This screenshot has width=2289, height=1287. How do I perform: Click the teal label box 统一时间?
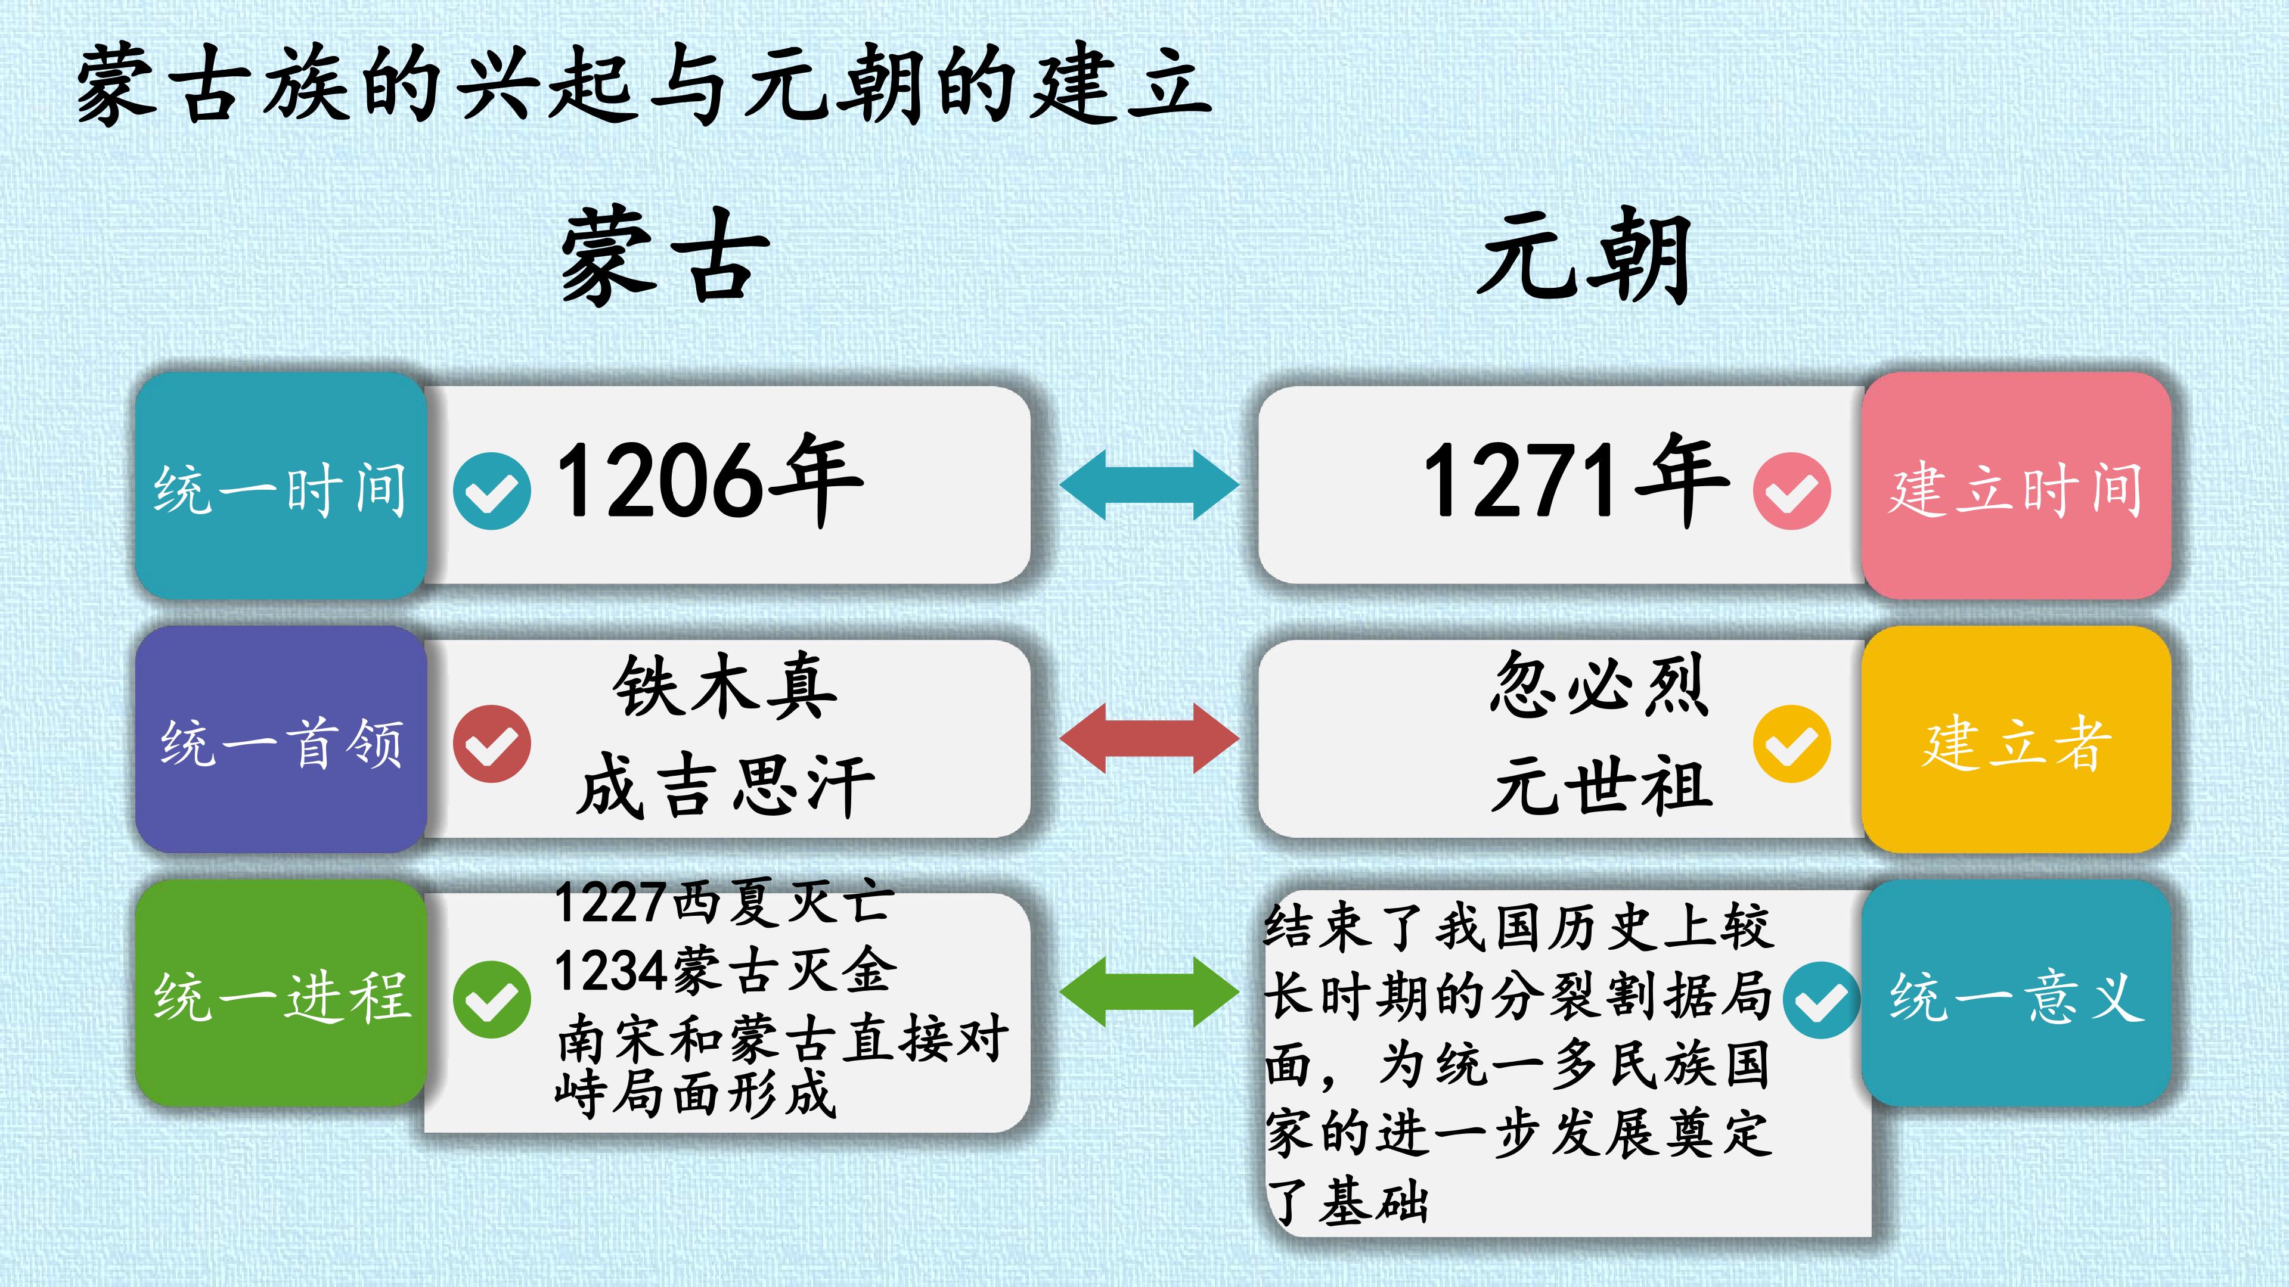click(281, 485)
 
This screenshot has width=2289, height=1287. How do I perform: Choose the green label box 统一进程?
click(281, 993)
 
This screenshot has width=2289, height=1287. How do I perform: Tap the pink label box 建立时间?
click(2016, 485)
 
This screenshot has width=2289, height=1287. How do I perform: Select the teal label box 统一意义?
click(2016, 993)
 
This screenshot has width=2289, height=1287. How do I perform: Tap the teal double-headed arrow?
click(1149, 485)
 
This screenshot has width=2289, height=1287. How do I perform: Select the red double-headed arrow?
click(1149, 738)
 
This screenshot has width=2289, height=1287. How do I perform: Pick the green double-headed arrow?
click(1149, 992)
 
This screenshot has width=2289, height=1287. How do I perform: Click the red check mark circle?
click(491, 744)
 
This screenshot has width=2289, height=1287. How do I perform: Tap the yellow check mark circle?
click(1791, 744)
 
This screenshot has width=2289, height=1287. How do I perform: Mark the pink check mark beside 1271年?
click(1791, 491)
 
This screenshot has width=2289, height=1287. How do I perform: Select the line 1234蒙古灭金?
click(725, 970)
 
